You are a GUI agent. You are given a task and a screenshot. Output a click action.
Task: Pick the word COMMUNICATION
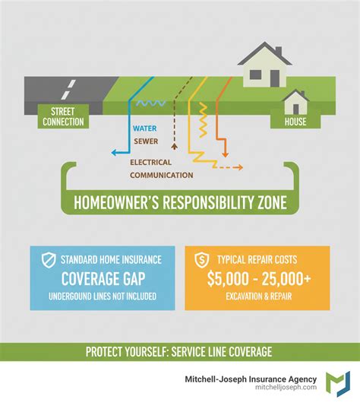(162, 175)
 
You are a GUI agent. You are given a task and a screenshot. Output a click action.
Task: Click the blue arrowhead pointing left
(113, 152)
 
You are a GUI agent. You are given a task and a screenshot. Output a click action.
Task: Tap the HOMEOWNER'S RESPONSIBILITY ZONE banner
(179, 203)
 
